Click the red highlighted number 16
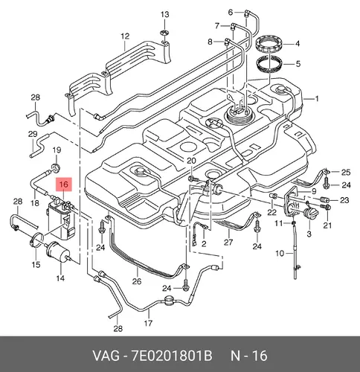64,185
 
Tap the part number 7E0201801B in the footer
172,356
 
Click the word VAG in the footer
106,356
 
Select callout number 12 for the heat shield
125,36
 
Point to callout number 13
165,14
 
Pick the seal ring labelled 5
269,65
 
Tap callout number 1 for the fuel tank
317,99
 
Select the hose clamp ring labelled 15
37,240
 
